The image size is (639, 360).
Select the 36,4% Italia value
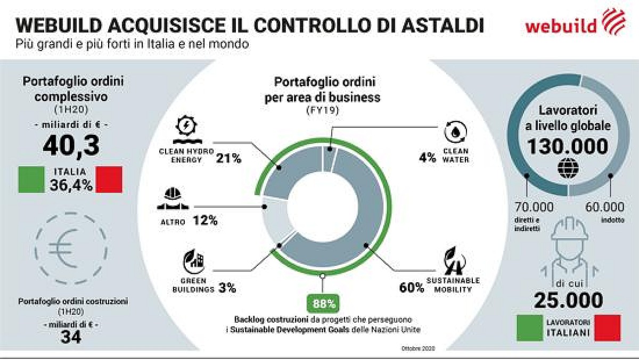coord(71,185)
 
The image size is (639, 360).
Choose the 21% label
coord(229,158)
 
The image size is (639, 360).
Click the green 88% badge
coord(322,304)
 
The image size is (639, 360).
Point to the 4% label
coord(428,158)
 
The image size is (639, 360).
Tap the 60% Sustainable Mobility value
coord(411,288)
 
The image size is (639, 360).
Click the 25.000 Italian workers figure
coord(569,300)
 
